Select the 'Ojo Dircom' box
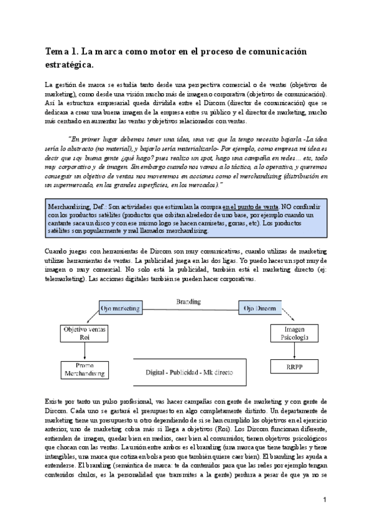259,308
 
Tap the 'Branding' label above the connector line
188,301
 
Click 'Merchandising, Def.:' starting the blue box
73,207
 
